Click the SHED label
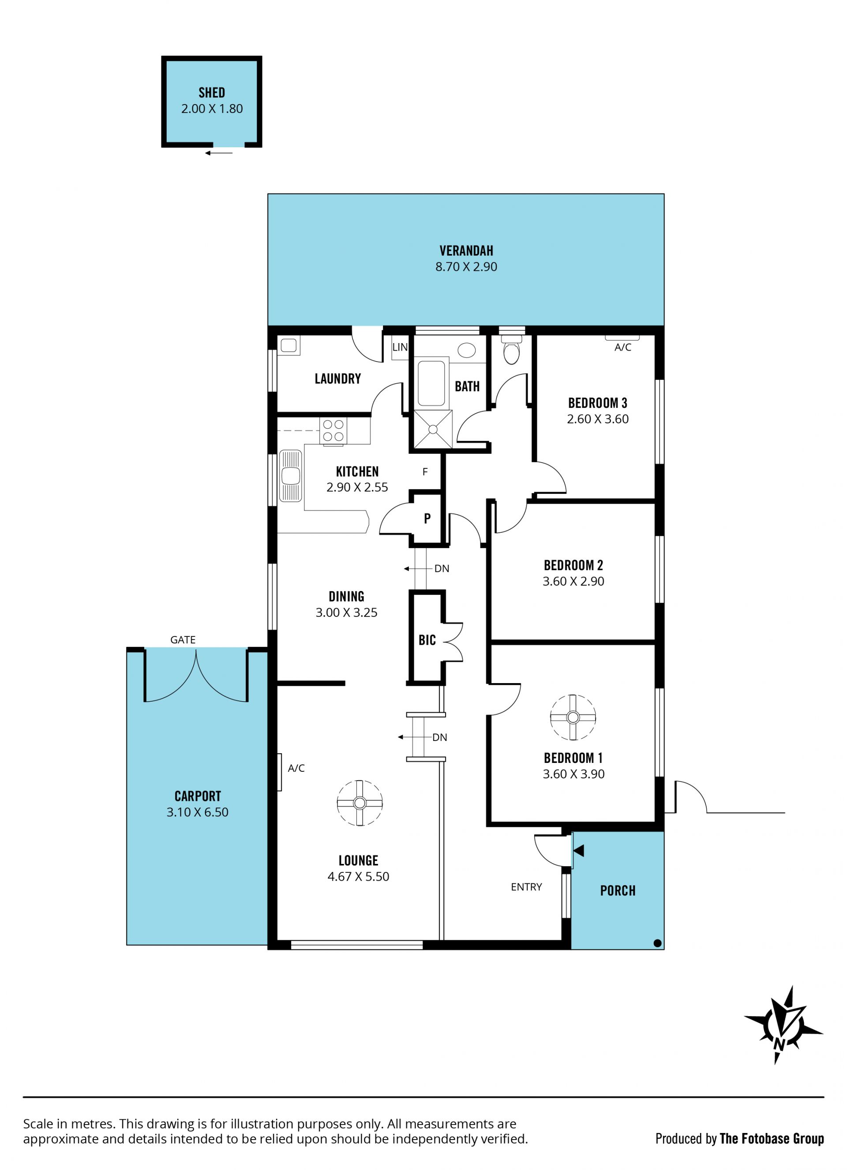coord(212,93)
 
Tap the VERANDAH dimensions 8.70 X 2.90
coord(466,267)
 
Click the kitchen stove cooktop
coord(334,431)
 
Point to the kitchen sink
coord(291,476)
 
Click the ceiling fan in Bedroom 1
coord(573,718)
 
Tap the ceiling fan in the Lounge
coord(360,803)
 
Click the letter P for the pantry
coord(427,519)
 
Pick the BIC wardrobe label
coord(427,640)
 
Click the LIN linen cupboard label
coord(400,347)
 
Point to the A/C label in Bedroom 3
coord(623,348)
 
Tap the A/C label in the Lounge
coord(296,768)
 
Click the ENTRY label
coord(526,887)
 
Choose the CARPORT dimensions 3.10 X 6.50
coord(197,812)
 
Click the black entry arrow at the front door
coord(579,851)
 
